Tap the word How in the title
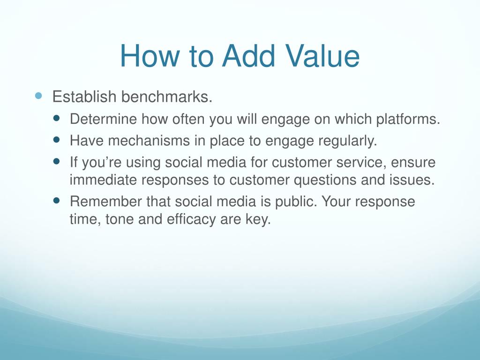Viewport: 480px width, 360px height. point(149,56)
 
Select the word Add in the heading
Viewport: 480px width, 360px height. point(248,56)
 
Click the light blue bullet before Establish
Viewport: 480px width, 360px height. point(38,96)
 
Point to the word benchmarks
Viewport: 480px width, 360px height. point(167,97)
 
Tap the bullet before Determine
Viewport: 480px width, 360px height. point(56,118)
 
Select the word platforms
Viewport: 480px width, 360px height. point(408,119)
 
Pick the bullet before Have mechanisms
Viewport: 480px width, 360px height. point(56,140)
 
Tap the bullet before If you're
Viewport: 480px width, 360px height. point(56,161)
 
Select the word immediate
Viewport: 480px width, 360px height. point(103,180)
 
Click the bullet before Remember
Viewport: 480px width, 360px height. point(56,201)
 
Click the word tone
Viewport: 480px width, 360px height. point(120,219)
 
